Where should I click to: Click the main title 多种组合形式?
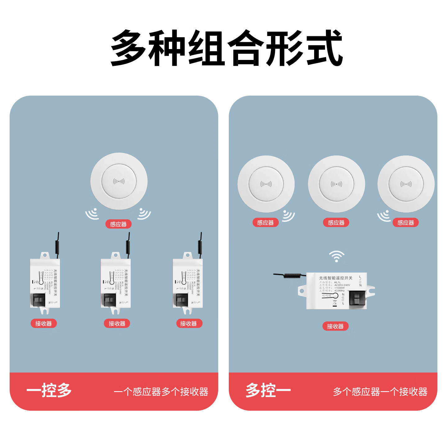pos(227,48)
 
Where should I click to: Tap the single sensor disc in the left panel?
pos(119,181)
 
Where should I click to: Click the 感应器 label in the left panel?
pos(118,224)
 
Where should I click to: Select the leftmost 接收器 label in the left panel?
pos(43,323)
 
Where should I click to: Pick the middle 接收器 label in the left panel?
pos(117,323)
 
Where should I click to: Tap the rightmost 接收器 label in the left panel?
pos(188,323)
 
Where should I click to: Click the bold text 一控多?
pos(49,391)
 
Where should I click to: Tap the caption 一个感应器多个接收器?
pos(161,392)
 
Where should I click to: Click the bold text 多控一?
pos(268,391)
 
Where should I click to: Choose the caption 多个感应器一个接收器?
pos(380,392)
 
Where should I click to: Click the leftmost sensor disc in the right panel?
pos(266,184)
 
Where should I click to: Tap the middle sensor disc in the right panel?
pos(336,184)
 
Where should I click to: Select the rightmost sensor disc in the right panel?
pos(406,184)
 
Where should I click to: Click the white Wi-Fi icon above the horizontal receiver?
pos(336,256)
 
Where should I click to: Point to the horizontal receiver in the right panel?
pos(337,291)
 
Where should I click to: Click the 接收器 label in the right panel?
pos(335,326)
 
